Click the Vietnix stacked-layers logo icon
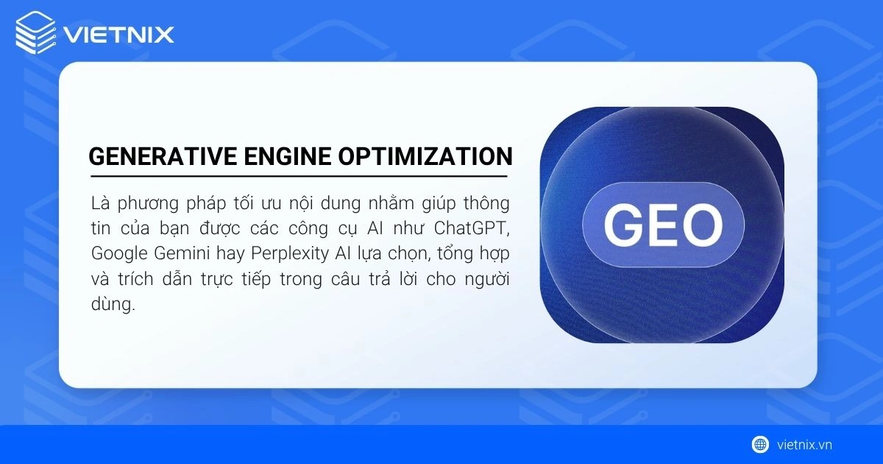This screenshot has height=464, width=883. [35, 34]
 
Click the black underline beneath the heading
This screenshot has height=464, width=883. [298, 177]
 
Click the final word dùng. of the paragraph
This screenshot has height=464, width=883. [113, 305]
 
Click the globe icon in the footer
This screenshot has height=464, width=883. [760, 444]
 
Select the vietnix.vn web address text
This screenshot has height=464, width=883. [804, 444]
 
